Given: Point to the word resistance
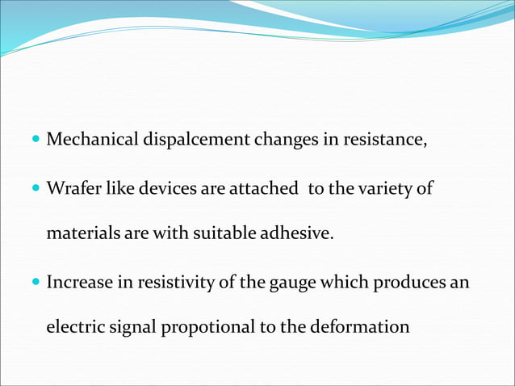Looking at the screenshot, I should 383,140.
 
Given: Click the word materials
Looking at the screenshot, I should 81,234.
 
